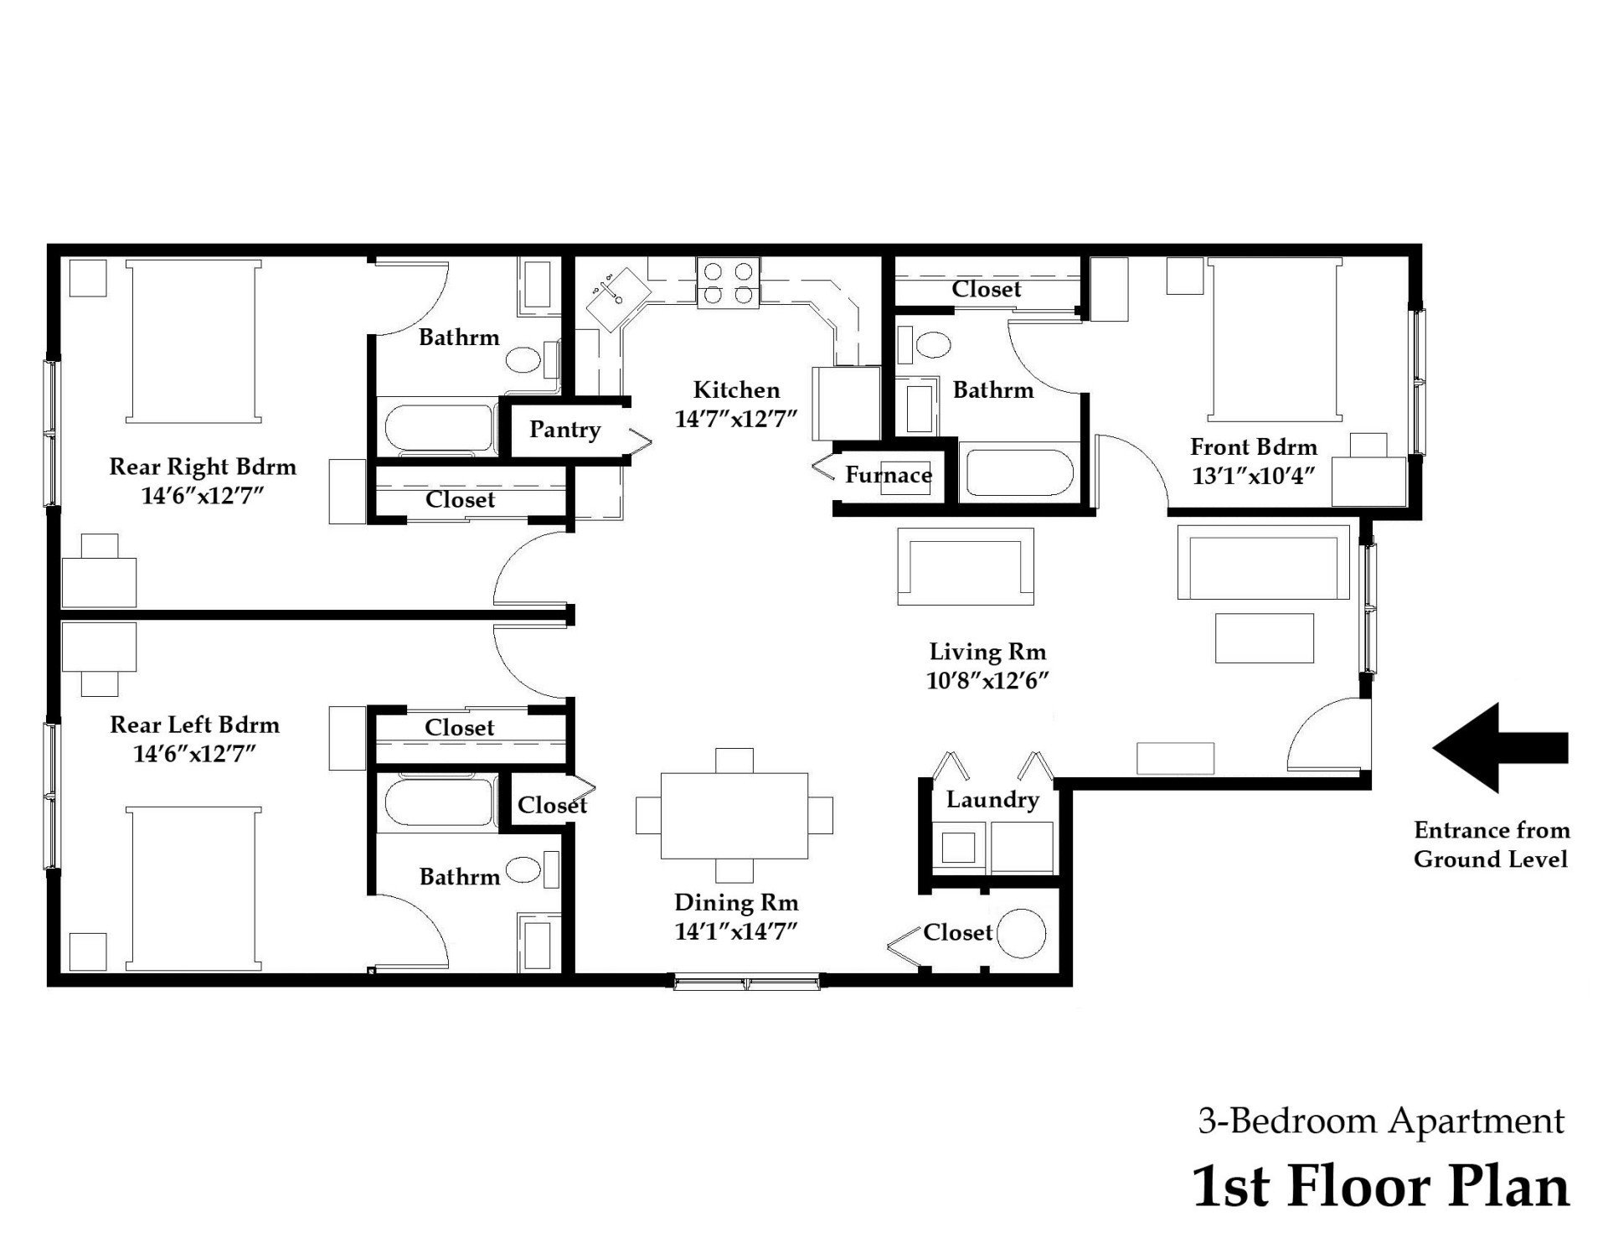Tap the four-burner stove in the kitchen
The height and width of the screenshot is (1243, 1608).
[729, 283]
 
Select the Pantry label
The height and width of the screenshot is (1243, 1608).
[564, 430]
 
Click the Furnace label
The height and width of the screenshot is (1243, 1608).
[888, 475]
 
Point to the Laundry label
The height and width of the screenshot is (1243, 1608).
[992, 799]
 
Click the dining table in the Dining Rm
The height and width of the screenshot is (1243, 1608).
[734, 816]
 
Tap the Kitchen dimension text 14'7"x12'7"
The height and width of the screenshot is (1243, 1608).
[735, 419]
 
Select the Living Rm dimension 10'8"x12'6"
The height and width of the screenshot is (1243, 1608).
[987, 680]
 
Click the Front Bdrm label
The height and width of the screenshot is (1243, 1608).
[1253, 446]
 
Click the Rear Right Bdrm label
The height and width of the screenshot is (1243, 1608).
[203, 467]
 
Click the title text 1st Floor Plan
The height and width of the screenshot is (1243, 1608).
[1380, 1187]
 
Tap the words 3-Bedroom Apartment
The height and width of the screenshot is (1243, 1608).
[1380, 1120]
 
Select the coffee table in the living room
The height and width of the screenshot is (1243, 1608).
[1265, 638]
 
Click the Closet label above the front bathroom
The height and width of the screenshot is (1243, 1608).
[986, 289]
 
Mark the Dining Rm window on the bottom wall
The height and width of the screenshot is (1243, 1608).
[747, 982]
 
